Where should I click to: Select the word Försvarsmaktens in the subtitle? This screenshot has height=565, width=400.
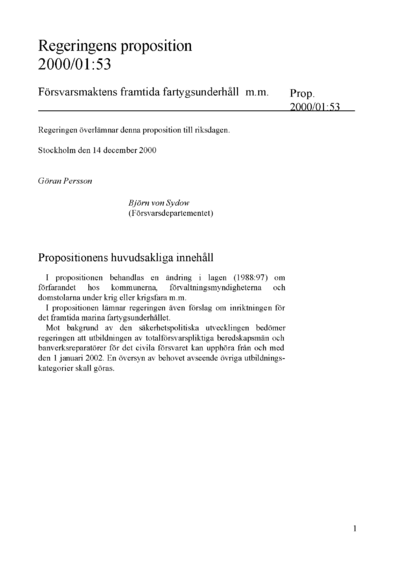[x=82, y=91]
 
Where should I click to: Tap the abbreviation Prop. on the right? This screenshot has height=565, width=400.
[x=304, y=91]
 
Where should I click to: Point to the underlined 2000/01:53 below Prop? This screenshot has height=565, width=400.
[x=315, y=107]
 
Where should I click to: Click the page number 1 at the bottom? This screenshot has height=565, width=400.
[x=355, y=527]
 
